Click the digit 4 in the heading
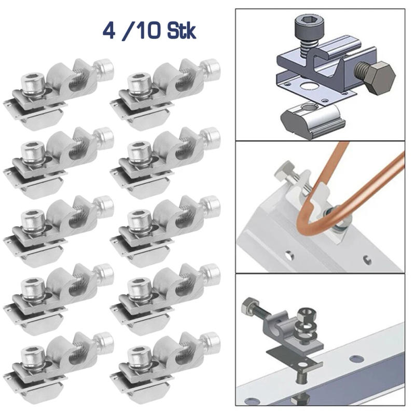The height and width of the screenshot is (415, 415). (x=110, y=31)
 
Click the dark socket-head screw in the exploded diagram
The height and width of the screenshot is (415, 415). (x=307, y=29)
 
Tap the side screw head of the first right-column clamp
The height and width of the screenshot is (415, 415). (x=211, y=67)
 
